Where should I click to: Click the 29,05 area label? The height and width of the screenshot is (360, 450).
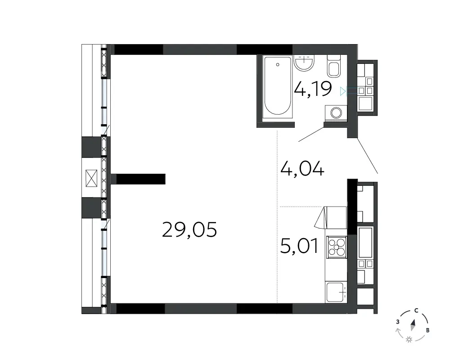(189, 229)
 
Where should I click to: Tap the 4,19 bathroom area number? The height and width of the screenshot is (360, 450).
(313, 89)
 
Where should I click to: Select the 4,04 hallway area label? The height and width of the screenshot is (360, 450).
(302, 168)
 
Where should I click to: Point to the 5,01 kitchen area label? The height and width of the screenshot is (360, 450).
(299, 246)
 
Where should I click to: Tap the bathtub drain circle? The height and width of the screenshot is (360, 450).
(278, 65)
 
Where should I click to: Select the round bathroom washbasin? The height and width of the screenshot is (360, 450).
(304, 63)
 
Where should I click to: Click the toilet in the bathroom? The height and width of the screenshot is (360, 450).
(334, 66)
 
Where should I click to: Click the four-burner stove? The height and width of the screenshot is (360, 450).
(337, 247)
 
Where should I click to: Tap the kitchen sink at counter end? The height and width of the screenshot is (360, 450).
(336, 292)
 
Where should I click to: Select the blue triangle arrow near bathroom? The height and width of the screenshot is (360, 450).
(342, 91)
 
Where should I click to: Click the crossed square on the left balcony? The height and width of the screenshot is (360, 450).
(91, 178)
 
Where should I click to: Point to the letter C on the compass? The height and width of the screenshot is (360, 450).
(416, 310)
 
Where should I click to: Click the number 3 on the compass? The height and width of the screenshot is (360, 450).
(398, 322)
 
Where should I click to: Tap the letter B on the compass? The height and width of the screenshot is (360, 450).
(427, 330)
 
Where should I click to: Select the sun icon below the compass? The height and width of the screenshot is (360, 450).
(409, 340)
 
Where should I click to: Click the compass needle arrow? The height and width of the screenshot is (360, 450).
(413, 325)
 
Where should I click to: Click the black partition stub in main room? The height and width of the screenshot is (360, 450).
(141, 179)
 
